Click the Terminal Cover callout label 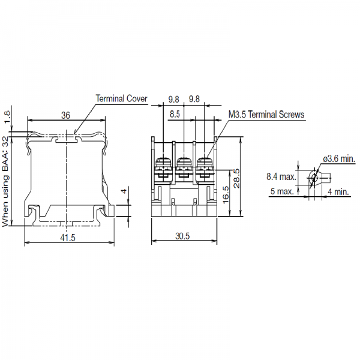121,98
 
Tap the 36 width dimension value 65,115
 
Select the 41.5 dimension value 68,238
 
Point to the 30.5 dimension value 182,236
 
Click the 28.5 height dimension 236,179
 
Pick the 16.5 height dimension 226,194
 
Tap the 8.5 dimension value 175,114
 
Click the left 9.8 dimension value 173,99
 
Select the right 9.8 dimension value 194,99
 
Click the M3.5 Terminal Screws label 266,115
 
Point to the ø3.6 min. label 340,158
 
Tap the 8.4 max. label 281,176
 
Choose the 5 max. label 282,191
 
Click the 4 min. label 338,191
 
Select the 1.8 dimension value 7,117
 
